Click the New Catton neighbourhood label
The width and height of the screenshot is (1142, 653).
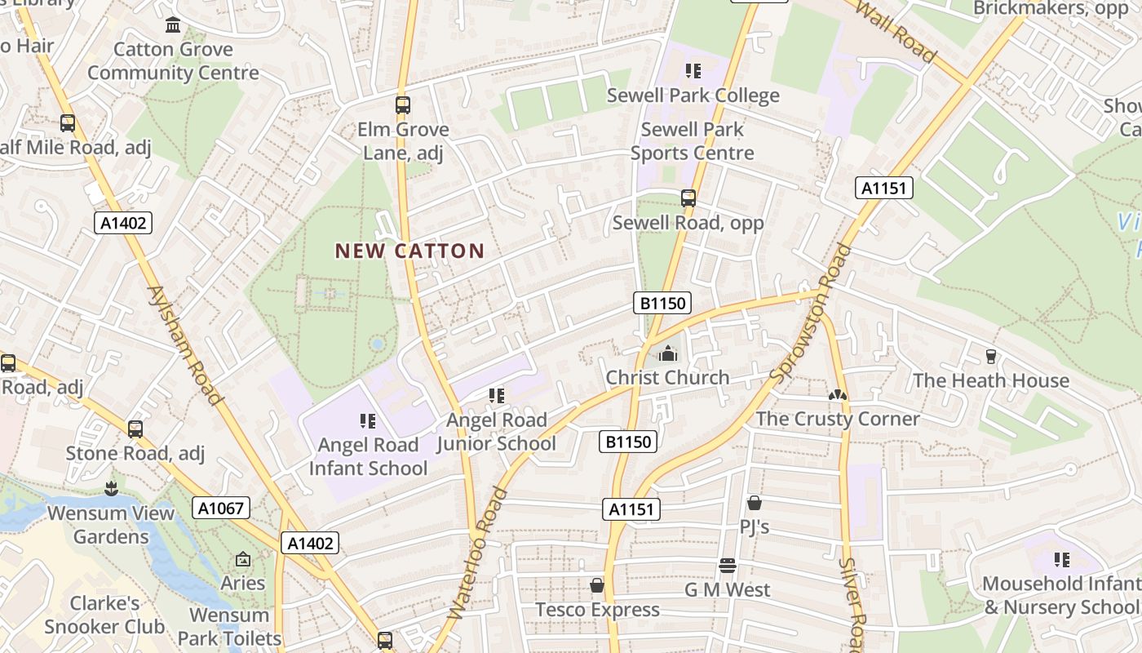tap(409, 251)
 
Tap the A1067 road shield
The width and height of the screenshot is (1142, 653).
tap(221, 508)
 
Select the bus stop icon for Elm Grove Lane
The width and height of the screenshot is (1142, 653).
tap(402, 105)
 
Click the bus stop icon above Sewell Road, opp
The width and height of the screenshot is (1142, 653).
tap(688, 198)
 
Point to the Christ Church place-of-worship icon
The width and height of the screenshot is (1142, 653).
tap(667, 353)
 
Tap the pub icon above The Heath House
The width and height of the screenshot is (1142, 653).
tap(990, 357)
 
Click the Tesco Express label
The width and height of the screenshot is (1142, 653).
tap(597, 610)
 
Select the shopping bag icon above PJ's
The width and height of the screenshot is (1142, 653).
tap(754, 503)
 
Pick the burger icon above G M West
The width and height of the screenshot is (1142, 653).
tap(728, 566)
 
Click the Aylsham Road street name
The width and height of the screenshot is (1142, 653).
tap(185, 345)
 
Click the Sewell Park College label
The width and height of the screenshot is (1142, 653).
tap(693, 96)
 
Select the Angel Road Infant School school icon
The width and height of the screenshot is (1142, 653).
tap(368, 421)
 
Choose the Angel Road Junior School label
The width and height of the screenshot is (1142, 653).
tap(496, 432)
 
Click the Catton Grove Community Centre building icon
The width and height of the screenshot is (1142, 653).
tap(173, 25)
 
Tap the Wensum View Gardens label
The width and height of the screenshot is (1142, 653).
tap(111, 525)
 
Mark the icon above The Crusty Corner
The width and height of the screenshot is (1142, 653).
tap(837, 395)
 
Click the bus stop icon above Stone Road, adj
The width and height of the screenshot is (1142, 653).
tap(135, 429)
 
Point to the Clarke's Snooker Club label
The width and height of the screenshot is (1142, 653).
tap(104, 615)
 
